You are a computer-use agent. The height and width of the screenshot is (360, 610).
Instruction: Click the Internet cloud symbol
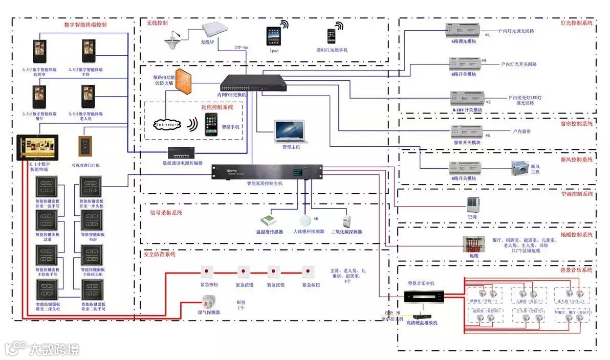click(168, 124)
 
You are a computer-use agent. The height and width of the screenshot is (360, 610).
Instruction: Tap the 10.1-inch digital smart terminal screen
click(37, 148)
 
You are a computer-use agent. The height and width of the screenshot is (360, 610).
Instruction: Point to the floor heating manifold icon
click(471, 243)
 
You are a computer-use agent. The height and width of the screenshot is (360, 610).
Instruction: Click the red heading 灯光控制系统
click(576, 24)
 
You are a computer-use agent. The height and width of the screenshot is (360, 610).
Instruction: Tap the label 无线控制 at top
click(157, 24)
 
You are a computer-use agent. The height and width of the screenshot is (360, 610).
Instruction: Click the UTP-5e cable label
click(241, 48)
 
